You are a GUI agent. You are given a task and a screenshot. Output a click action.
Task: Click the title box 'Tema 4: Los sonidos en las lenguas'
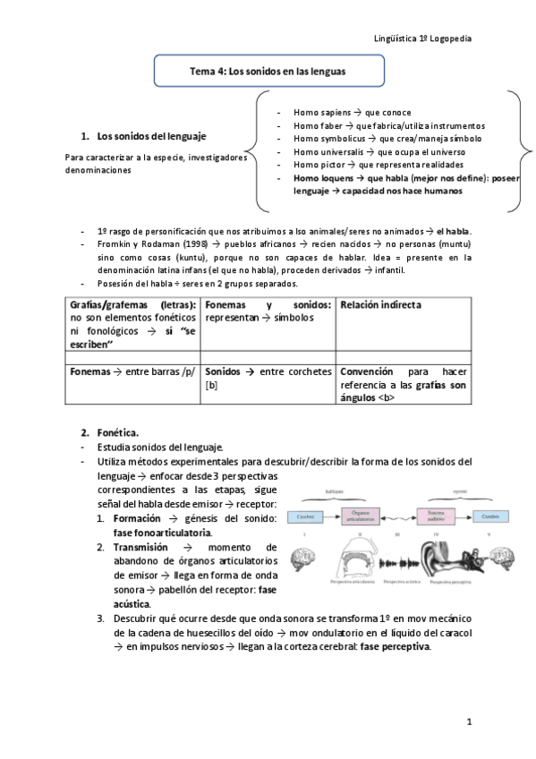tap(268, 71)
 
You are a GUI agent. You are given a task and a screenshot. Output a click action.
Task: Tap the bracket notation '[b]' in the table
tap(211, 385)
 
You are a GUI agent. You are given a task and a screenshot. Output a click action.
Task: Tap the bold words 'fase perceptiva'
tap(395, 646)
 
